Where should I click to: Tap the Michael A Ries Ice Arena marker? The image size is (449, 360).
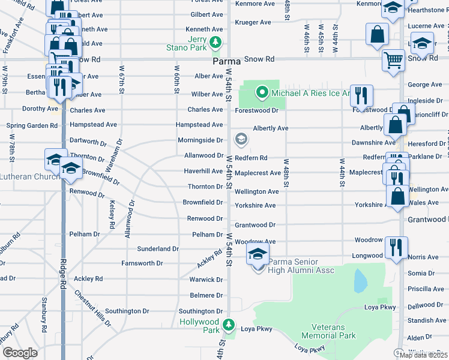(262, 92)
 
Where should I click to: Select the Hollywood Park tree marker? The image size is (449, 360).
(228, 325)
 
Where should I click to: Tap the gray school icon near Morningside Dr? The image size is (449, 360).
(241, 140)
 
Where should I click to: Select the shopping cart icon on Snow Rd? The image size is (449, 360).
(393, 59)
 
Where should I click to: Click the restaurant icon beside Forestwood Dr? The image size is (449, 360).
(361, 94)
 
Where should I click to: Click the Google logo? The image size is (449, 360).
(20, 352)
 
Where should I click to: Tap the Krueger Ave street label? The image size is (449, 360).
(253, 22)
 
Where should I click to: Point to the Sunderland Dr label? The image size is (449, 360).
(158, 248)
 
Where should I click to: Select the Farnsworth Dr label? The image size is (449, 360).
(142, 263)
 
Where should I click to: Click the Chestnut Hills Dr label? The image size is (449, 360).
(93, 307)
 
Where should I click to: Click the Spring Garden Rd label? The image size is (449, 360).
(32, 126)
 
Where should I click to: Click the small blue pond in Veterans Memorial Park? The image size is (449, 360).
(360, 280)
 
